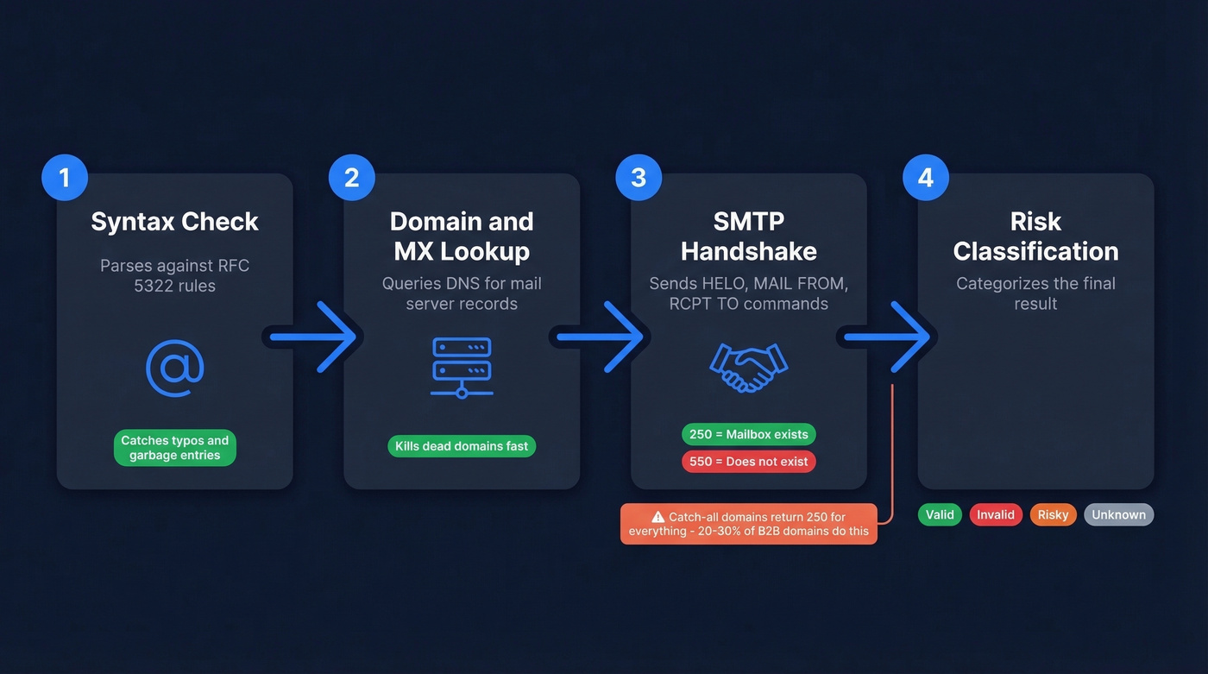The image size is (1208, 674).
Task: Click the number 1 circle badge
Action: [x=64, y=178]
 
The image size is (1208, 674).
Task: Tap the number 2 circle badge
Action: [x=351, y=178]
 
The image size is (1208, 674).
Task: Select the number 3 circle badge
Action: [x=639, y=178]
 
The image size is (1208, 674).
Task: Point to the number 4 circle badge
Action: [x=926, y=178]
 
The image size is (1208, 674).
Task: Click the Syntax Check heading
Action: [x=175, y=222]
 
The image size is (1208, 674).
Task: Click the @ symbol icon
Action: [x=175, y=368]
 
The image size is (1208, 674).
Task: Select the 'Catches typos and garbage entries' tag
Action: [x=175, y=448]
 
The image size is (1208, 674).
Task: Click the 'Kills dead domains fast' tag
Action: [x=462, y=446]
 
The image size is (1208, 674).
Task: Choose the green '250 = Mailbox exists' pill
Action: [x=749, y=434]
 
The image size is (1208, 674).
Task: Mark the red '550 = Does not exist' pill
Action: [x=749, y=462]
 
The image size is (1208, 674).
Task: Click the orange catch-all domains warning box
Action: [x=749, y=524]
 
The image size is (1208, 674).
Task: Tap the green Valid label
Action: [x=940, y=515]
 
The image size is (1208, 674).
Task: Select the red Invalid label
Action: [x=996, y=515]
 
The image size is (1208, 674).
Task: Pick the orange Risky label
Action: [x=1053, y=515]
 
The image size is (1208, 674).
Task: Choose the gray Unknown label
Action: [x=1118, y=515]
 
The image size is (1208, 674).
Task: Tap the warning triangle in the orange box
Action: [x=658, y=517]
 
